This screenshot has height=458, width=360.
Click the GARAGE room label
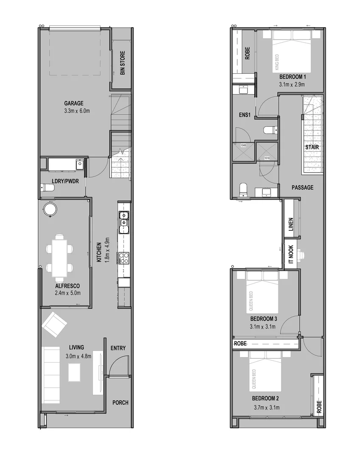tap(73, 103)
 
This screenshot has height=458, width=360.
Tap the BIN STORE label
tap(123, 63)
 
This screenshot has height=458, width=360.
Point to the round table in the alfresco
tap(51, 209)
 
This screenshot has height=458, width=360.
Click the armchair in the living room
tap(54, 324)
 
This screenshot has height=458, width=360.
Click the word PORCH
tap(120, 402)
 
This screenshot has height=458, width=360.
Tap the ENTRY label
tap(118, 348)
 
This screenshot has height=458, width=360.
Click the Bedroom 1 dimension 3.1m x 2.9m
tap(292, 84)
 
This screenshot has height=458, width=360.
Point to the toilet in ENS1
tap(269, 130)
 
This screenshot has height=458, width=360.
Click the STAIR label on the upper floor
tap(312, 147)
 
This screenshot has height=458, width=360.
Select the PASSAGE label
tap(302, 187)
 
